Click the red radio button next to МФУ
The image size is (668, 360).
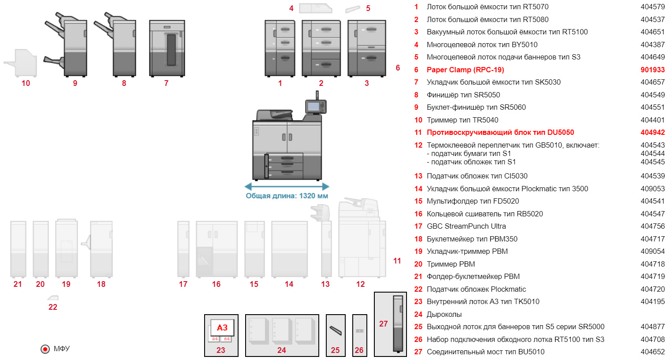point(45,349)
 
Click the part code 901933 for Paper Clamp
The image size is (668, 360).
point(653,70)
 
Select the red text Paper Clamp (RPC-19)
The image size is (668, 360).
point(465,70)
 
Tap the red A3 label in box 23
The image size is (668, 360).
point(222,328)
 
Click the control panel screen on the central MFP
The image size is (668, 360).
point(314,107)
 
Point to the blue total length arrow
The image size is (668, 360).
point(287,186)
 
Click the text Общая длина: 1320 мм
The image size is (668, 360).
point(287,196)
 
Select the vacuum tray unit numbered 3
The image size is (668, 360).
point(366,48)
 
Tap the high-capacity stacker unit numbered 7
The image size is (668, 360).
point(167,48)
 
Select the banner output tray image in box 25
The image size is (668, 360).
point(336,330)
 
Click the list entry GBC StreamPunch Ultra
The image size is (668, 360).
point(466,226)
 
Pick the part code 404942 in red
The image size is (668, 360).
point(653,132)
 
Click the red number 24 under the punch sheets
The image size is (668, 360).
point(282,350)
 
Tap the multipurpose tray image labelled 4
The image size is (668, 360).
point(315,8)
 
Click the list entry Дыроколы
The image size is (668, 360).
point(444,314)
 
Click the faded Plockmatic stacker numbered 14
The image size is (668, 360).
point(289,249)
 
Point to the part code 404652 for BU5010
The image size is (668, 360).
point(653,352)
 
